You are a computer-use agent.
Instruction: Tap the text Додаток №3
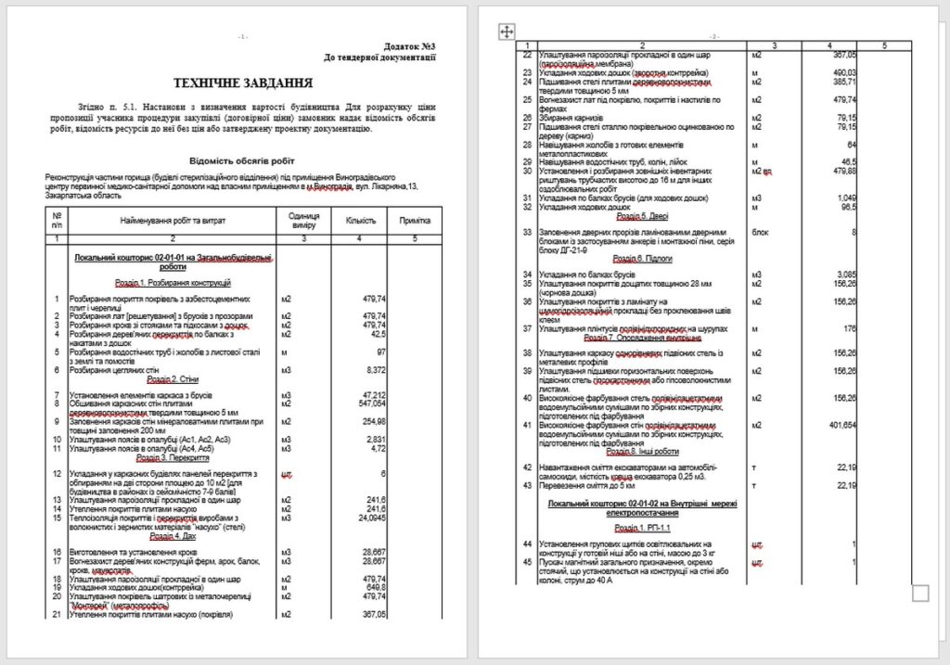tap(409, 45)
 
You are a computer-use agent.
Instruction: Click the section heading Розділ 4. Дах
tap(174, 535)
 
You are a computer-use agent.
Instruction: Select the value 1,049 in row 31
tap(844, 198)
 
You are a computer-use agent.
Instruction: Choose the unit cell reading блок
tap(759, 232)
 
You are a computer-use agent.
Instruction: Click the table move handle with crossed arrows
tap(507, 32)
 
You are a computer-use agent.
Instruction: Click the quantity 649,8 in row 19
tap(374, 587)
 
